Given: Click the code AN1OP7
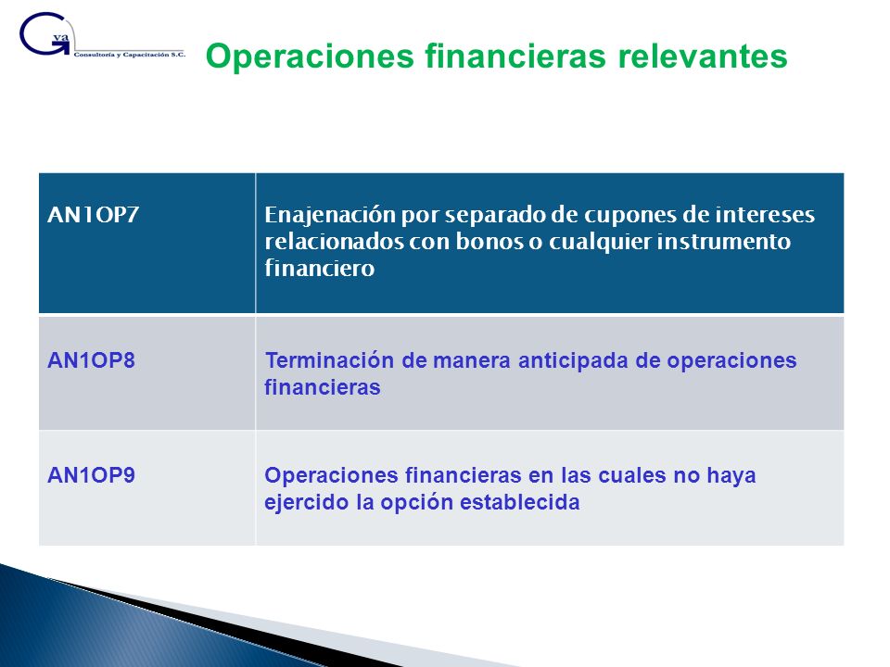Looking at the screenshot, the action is pos(93,214).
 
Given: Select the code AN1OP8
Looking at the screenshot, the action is pos(92,360).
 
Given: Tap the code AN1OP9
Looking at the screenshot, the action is pos(92,474).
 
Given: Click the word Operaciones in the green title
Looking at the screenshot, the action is pos(310,57).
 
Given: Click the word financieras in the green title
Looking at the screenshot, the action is pos(516,57).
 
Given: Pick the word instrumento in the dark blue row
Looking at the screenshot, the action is pos(724,241).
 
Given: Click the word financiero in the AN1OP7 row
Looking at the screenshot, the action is pos(320,267).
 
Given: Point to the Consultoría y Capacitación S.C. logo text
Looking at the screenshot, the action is pos(130,55).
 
